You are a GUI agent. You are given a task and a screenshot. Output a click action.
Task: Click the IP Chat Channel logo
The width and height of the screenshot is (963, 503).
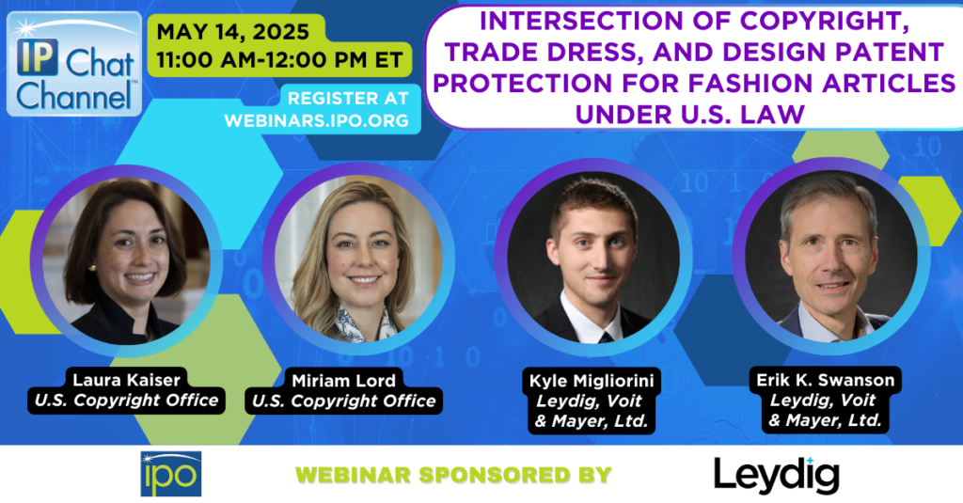click(74, 64)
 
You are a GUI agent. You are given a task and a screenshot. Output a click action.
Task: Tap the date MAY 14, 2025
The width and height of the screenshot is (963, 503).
click(233, 32)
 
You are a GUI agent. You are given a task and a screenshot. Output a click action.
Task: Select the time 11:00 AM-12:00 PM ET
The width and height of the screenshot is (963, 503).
click(279, 60)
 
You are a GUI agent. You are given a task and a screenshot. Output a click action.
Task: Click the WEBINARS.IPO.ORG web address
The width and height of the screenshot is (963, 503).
click(317, 120)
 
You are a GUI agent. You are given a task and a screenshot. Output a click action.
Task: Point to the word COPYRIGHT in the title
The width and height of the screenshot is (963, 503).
click(823, 21)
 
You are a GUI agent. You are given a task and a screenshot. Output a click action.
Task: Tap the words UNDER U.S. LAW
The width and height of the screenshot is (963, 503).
click(690, 115)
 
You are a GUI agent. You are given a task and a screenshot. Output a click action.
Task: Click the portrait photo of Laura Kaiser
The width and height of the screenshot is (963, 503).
click(126, 260)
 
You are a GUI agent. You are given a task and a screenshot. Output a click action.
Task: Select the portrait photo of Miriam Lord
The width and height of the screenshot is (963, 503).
click(358, 259)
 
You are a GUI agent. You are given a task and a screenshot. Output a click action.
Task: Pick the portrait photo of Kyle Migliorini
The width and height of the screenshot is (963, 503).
click(593, 258)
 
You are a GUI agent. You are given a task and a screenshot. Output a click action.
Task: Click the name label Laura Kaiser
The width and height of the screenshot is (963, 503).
click(127, 380)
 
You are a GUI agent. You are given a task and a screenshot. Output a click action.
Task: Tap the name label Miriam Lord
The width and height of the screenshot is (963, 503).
click(344, 381)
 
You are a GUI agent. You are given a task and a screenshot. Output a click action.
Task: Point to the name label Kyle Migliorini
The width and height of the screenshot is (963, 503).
click(592, 381)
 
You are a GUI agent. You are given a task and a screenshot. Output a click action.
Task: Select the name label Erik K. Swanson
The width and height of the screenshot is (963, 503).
click(826, 380)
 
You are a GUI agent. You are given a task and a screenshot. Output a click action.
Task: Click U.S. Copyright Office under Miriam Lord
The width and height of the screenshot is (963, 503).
click(344, 401)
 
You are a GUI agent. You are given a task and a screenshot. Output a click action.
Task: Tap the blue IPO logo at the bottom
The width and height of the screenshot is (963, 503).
click(171, 474)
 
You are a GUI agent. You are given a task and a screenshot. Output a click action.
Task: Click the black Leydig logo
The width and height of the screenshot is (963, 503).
click(776, 476)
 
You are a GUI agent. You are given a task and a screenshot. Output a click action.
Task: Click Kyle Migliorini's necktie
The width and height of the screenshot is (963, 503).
click(607, 338)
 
